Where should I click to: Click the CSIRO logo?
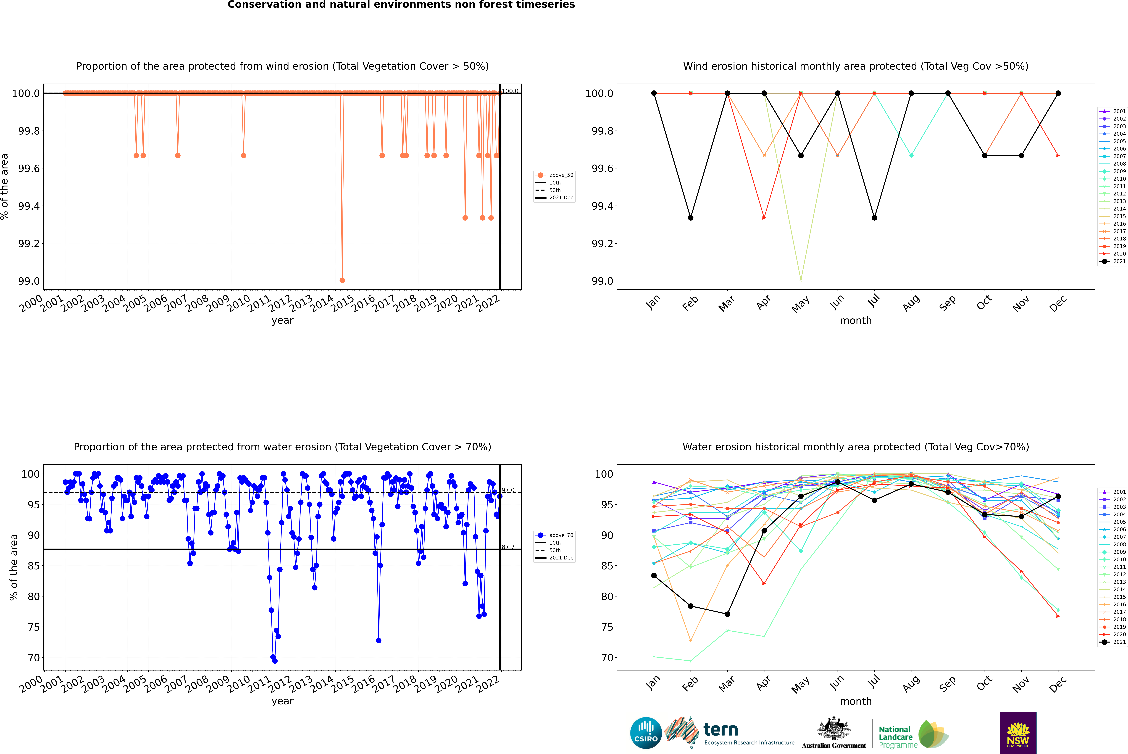(x=646, y=733)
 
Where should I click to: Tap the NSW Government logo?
(x=1018, y=733)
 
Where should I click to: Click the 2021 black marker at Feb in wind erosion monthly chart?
(x=690, y=218)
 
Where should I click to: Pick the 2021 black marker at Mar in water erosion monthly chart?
(x=727, y=614)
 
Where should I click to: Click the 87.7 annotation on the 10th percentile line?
(x=508, y=547)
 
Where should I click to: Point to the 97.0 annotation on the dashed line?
(x=508, y=490)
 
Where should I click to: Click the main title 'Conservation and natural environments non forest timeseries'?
(x=401, y=5)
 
